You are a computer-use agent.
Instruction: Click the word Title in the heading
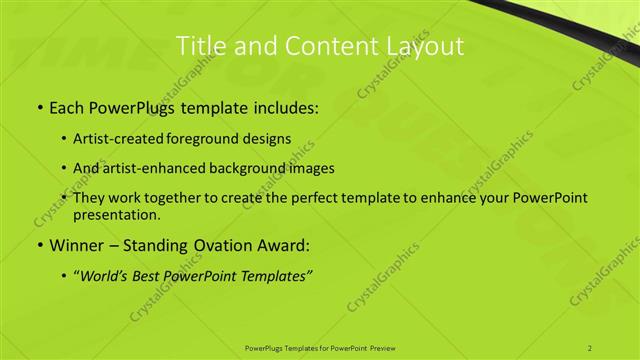tap(199, 46)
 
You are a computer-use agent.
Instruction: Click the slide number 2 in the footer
tap(591, 347)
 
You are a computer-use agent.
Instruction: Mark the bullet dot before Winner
tap(39, 245)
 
